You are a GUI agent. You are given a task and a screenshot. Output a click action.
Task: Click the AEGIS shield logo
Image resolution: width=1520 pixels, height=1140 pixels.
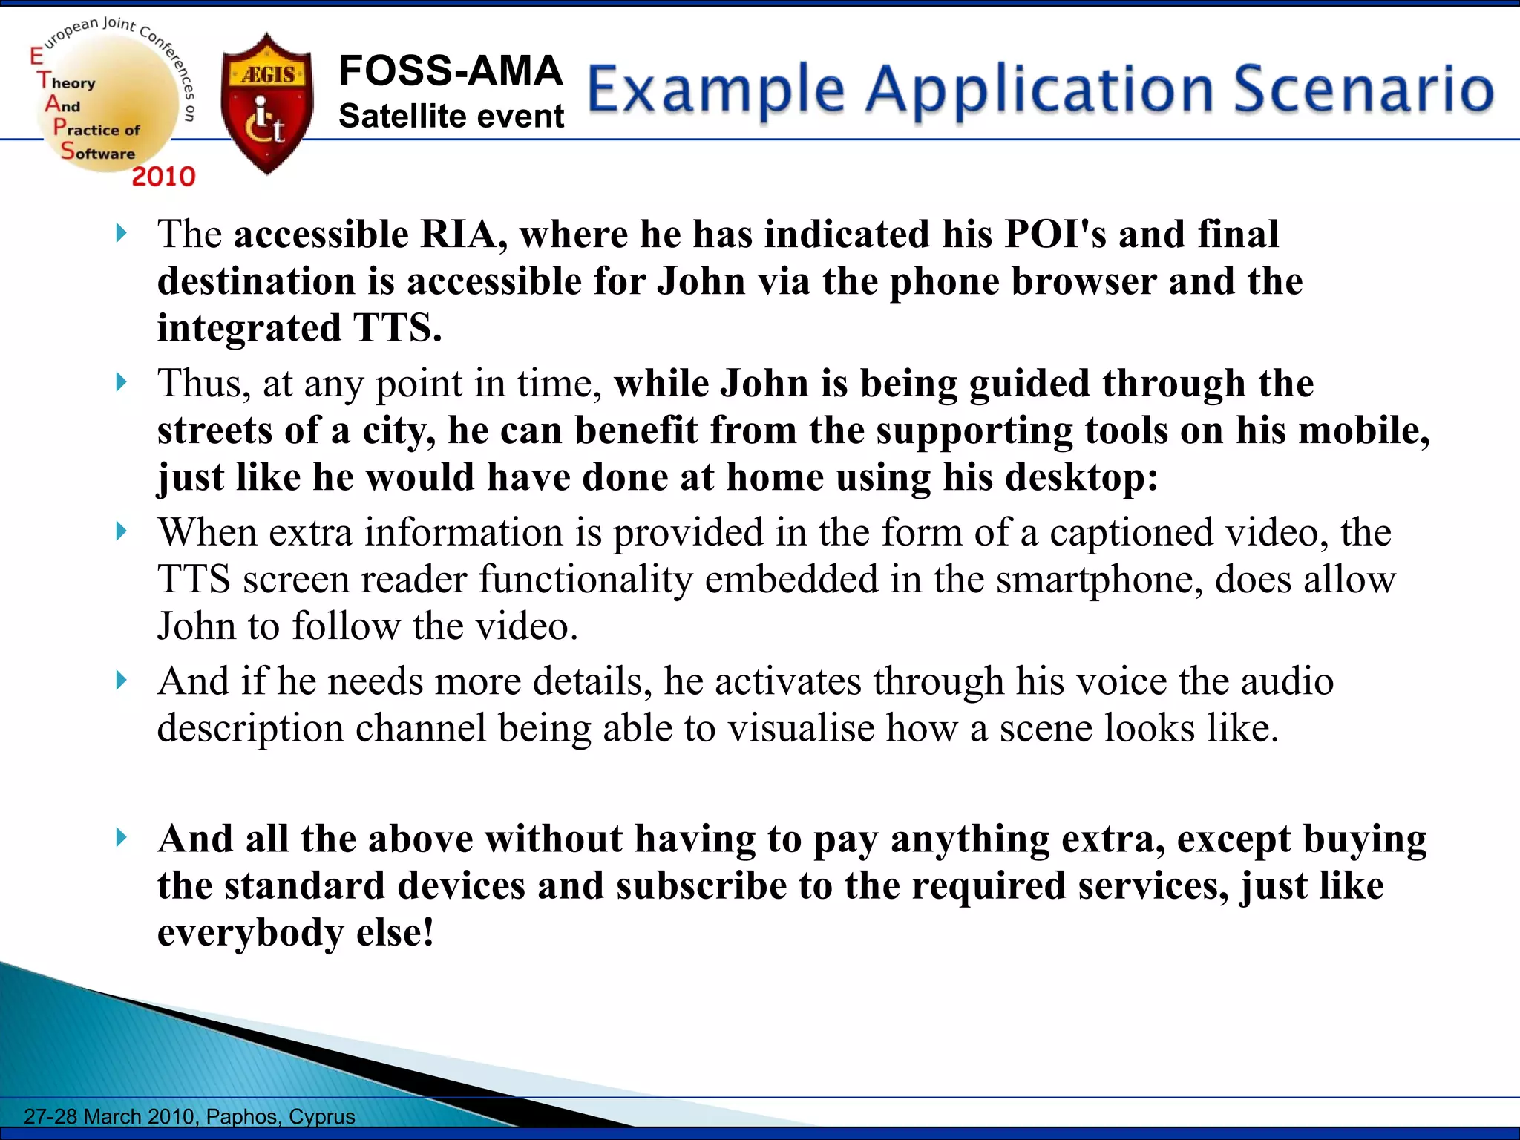(x=267, y=104)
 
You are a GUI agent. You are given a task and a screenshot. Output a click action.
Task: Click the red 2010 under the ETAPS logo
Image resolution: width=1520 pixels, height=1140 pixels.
(x=163, y=177)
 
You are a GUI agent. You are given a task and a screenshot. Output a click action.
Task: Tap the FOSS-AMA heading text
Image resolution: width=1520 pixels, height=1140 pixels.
(x=451, y=71)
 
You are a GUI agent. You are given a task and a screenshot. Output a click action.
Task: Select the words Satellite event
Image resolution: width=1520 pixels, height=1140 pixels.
(x=451, y=117)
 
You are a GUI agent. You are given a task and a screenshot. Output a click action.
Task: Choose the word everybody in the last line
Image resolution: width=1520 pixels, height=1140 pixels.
(x=250, y=933)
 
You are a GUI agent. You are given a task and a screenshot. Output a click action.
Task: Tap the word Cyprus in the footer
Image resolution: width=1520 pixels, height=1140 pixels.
(x=322, y=1116)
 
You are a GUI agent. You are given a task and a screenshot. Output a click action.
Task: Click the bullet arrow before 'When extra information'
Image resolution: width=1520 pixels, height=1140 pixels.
(x=122, y=531)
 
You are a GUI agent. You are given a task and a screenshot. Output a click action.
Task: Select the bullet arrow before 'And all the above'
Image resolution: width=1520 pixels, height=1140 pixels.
(x=122, y=838)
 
